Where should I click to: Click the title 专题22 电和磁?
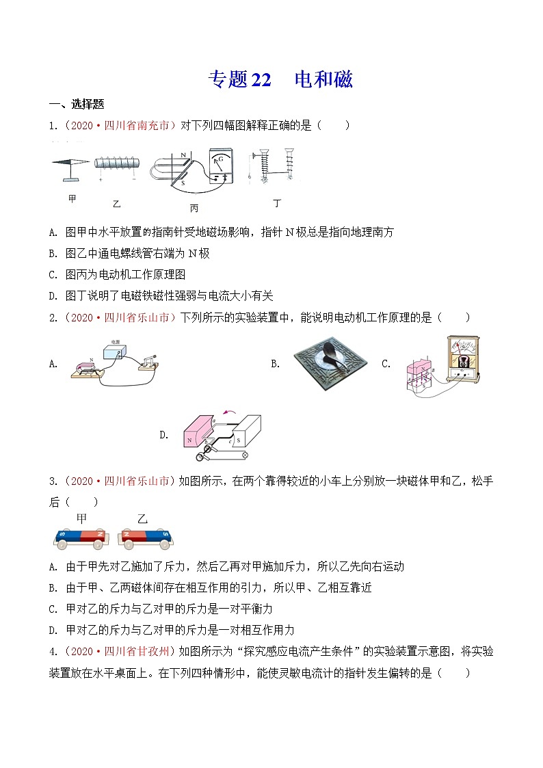tap(280, 80)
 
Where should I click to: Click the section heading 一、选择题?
tap(77, 104)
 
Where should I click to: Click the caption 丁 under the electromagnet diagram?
tap(277, 202)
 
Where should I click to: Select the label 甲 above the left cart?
tap(81, 518)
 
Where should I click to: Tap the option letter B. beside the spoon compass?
tap(275, 364)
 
